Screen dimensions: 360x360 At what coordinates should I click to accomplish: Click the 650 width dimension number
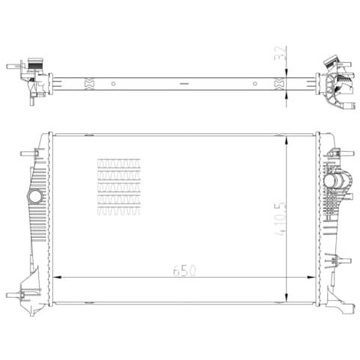pos(185,271)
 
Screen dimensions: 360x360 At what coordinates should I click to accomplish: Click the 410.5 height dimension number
pos(280,219)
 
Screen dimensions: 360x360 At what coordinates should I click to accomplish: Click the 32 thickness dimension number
pos(281,53)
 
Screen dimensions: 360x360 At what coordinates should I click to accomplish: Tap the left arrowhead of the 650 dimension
pos(58,277)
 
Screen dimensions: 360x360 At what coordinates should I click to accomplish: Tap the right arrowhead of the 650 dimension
pos(311,277)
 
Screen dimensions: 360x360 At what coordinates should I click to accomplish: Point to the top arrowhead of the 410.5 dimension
pos(287,141)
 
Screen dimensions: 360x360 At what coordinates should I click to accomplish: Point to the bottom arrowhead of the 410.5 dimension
pos(287,298)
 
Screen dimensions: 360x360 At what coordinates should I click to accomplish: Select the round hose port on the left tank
pos(35,197)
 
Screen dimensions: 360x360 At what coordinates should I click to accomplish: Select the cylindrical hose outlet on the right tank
pos(335,180)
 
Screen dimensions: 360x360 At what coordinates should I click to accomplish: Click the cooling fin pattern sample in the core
pos(119,186)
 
